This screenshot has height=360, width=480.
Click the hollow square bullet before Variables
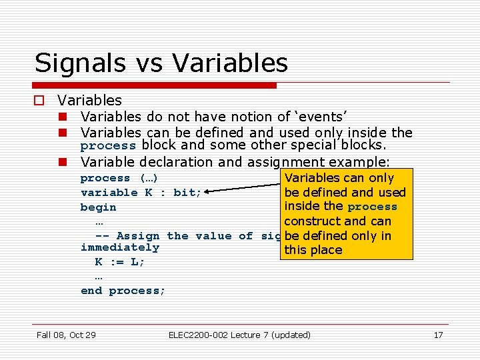coord(40,101)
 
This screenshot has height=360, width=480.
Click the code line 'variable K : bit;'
coord(142,193)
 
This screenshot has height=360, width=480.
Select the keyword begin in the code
coord(98,207)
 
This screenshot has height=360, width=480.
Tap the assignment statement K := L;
coord(120,262)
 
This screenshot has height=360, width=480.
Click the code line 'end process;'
coord(123,291)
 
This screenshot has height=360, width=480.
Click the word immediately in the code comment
coord(120,247)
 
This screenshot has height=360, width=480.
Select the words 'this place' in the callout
coord(313,251)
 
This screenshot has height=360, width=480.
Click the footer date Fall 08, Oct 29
coord(66,335)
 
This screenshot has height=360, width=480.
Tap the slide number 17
coord(438,335)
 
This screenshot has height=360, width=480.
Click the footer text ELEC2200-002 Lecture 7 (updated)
coord(239,335)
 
